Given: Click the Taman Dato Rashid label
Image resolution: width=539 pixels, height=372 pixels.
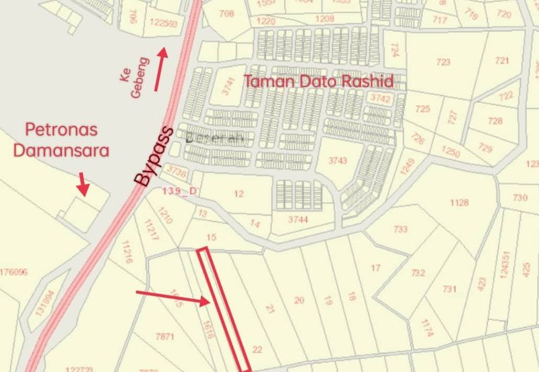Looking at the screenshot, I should pos(319,81).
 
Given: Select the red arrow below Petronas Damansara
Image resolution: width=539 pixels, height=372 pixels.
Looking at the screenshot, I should pos(83,183).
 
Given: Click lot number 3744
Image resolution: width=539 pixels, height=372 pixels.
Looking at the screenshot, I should pos(296,220).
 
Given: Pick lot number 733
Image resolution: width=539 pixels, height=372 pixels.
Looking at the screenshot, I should pos(400,229).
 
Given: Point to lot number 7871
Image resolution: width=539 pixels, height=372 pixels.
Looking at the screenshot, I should pos(165,336).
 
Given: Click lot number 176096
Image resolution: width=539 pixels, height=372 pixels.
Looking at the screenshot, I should pos(13,272).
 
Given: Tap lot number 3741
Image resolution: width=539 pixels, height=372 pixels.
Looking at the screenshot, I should pos(230,88).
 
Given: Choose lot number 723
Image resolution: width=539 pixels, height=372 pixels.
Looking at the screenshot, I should pos(443,62).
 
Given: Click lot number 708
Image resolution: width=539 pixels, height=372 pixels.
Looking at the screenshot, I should pos(226,13).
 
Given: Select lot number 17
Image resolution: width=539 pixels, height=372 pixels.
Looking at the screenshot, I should pos(376,268).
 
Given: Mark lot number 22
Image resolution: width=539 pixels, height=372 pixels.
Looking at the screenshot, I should pos(256,349).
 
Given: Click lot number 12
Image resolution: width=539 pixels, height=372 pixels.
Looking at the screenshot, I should pos(238,194).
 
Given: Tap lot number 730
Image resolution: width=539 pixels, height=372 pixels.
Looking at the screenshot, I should pos(519,197).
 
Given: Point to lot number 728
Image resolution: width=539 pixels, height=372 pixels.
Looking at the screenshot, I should pos(495,121).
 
